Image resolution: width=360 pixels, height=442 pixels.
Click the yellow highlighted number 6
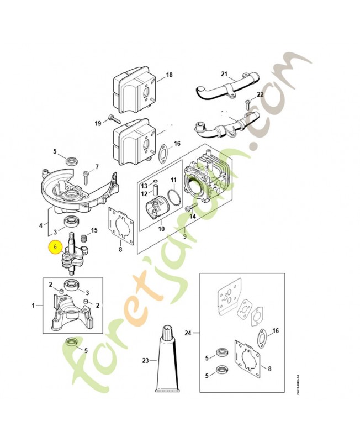[x=55, y=249]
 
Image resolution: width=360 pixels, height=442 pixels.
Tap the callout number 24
[x=188, y=333]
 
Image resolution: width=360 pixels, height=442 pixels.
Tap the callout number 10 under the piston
[x=162, y=229]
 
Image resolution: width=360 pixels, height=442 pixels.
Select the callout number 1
[x=34, y=306]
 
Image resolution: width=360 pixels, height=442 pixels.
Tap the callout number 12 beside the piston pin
[x=144, y=193]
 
